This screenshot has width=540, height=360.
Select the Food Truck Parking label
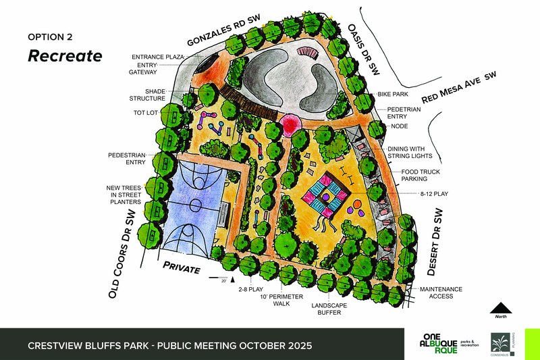[423, 176]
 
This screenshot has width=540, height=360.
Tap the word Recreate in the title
[65, 55]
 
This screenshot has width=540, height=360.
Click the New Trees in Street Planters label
[123, 194]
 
